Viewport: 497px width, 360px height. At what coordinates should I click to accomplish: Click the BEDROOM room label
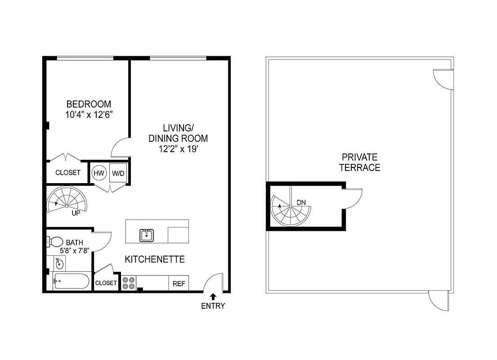coord(89,104)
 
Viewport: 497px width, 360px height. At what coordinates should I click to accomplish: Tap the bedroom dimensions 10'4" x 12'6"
coord(89,114)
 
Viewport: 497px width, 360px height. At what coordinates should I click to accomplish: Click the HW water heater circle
coord(99,173)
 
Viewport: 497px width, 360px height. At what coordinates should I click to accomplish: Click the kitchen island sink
coord(146,235)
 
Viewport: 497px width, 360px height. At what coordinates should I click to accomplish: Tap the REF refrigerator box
coord(179,283)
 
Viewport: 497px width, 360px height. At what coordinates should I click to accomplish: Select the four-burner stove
coord(128,283)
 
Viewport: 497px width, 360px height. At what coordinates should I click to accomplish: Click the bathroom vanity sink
coord(59,263)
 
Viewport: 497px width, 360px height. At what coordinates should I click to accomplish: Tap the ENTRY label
coord(213,306)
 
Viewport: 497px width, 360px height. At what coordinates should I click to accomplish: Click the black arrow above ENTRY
coord(213,296)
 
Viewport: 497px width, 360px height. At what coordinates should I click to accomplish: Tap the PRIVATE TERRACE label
coord(359,162)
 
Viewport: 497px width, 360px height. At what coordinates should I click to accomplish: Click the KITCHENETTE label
coord(155,259)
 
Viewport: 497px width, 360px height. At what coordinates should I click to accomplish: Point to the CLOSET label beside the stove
coord(106,283)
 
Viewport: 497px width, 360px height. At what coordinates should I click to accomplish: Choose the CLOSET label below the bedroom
coord(68,172)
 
